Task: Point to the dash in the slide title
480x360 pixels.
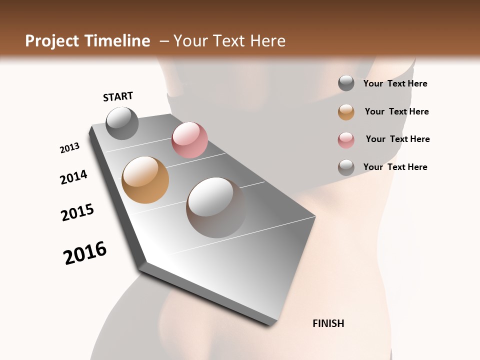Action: click(164, 41)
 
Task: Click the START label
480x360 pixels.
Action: click(118, 96)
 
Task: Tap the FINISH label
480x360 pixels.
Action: click(328, 323)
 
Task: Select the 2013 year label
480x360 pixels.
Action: click(69, 148)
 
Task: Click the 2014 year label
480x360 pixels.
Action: click(73, 177)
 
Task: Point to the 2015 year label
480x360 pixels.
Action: click(77, 212)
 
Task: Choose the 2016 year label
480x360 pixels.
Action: click(85, 253)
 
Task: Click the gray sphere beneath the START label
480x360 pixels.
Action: click(122, 123)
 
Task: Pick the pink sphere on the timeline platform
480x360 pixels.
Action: click(189, 139)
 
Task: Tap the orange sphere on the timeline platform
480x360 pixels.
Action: click(145, 180)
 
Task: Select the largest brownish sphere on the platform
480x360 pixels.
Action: click(216, 207)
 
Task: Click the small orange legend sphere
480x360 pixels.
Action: click(346, 112)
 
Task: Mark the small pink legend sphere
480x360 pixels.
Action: click(346, 140)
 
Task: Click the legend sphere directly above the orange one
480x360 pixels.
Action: click(346, 83)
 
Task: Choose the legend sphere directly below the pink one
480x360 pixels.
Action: click(346, 167)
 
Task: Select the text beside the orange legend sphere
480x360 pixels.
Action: click(396, 111)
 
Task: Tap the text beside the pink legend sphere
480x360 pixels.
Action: click(397, 139)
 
